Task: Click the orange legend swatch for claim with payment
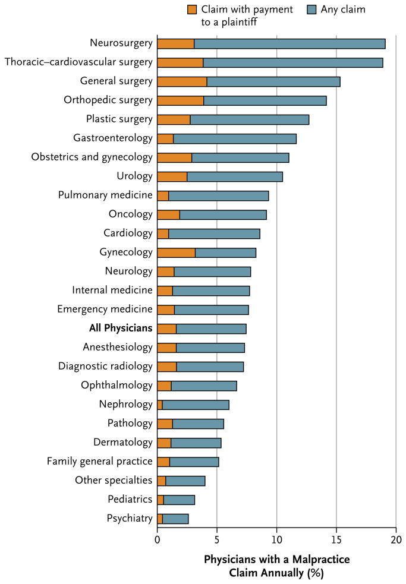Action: [x=192, y=9]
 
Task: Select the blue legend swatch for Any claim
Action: [x=313, y=9]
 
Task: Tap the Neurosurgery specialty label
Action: [x=121, y=43]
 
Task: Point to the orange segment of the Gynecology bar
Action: [x=176, y=252]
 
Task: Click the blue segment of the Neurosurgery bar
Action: [x=289, y=43]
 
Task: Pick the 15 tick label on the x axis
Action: [x=336, y=539]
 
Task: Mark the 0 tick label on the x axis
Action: [x=157, y=539]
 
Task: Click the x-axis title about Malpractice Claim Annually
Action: [x=276, y=566]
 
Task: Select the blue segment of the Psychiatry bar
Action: [x=175, y=519]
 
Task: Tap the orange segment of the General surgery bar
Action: [x=182, y=81]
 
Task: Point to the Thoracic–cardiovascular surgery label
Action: [x=78, y=62]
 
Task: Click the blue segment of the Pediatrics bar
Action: [x=179, y=500]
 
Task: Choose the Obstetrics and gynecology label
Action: [x=92, y=157]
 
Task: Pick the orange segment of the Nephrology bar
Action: [x=160, y=405]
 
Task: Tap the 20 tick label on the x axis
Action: [x=396, y=539]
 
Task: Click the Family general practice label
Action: [x=100, y=461]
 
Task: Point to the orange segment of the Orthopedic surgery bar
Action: [x=180, y=100]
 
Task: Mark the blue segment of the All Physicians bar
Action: [x=211, y=329]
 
